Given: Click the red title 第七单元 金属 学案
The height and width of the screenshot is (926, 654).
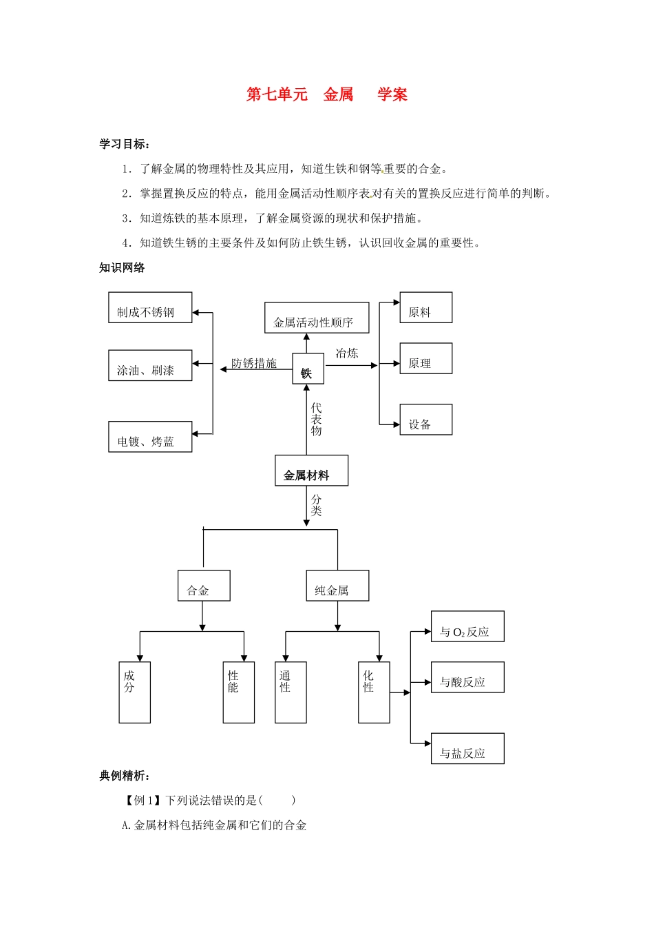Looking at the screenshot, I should pyautogui.click(x=326, y=94).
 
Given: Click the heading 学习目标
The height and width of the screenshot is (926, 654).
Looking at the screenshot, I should pyautogui.click(x=125, y=144).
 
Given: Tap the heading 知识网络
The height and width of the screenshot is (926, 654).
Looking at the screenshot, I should pyautogui.click(x=122, y=268).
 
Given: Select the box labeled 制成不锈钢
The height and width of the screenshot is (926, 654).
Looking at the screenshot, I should pyautogui.click(x=150, y=308).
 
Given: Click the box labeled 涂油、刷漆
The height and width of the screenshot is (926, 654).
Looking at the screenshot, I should pyautogui.click(x=150, y=366).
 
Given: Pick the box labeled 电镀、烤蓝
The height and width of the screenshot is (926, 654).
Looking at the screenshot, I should pyautogui.click(x=150, y=437).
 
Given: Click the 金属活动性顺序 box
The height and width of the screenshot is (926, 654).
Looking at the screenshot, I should pyautogui.click(x=317, y=318).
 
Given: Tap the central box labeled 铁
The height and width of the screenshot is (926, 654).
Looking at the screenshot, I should pyautogui.click(x=308, y=370).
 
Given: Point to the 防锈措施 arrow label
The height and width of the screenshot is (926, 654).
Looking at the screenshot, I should pyautogui.click(x=254, y=363).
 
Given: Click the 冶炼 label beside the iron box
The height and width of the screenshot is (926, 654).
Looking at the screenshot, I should pyautogui.click(x=347, y=353).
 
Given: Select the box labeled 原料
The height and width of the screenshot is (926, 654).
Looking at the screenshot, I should pyautogui.click(x=425, y=308).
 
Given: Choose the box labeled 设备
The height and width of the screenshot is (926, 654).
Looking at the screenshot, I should pyautogui.click(x=425, y=420).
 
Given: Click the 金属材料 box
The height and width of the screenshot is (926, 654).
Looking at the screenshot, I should pyautogui.click(x=311, y=471).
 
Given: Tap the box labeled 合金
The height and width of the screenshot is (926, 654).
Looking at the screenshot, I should pyautogui.click(x=204, y=586).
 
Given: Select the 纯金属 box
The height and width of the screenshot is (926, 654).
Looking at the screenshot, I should pyautogui.click(x=337, y=586).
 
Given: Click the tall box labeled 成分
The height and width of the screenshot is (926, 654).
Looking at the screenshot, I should pyautogui.click(x=134, y=692).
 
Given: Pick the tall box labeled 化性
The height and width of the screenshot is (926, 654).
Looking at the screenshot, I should pyautogui.click(x=374, y=692).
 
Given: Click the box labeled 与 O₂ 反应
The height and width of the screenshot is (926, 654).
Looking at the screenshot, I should pyautogui.click(x=467, y=627).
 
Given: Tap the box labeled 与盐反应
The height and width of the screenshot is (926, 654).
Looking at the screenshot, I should pyautogui.click(x=467, y=749).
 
